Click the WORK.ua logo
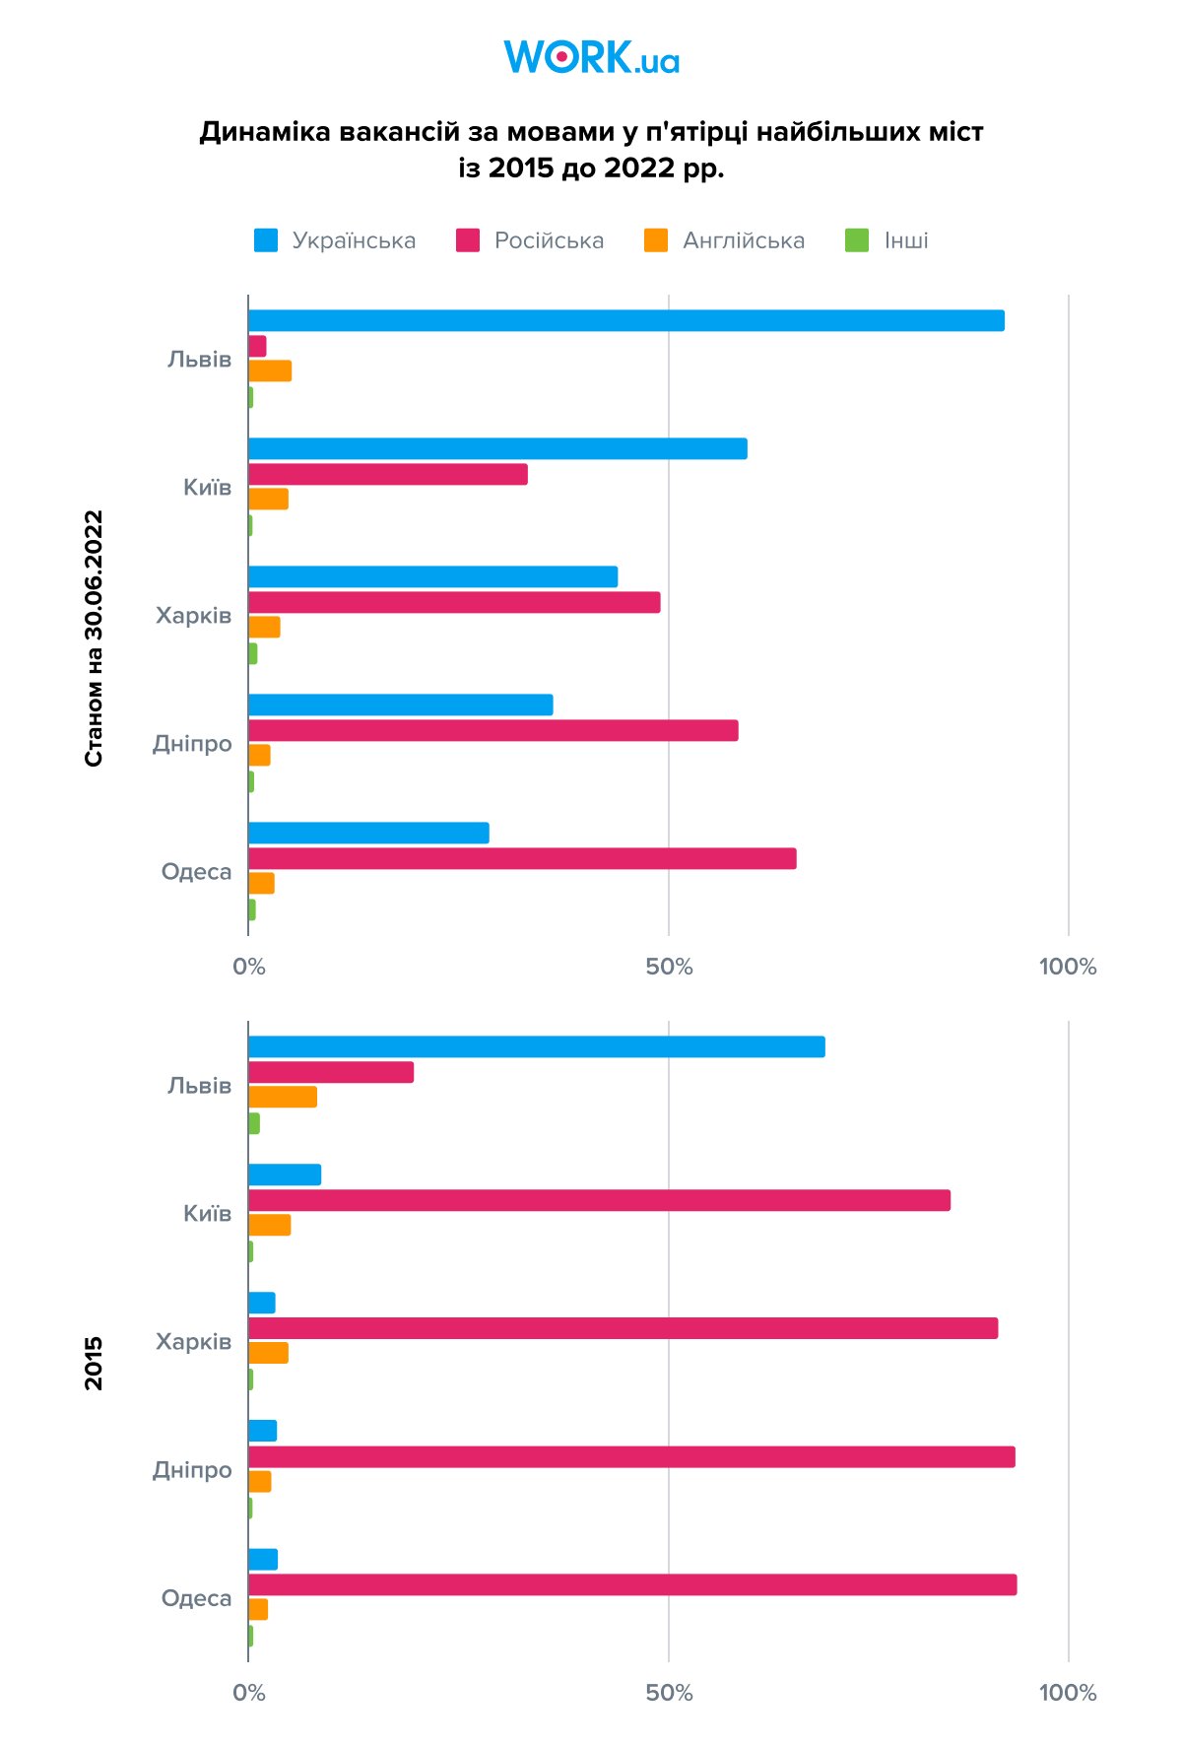coord(591,57)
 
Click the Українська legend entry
coord(335,240)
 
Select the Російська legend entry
coord(530,240)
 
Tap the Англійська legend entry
coord(724,240)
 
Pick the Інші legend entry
coord(886,240)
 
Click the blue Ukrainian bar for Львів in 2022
coord(625,321)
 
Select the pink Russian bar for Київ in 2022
coord(388,475)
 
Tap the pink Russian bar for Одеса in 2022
coord(522,859)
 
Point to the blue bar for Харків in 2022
coord(432,577)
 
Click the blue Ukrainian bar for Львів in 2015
coord(536,1047)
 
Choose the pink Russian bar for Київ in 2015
coord(599,1200)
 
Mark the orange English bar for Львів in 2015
coord(283,1097)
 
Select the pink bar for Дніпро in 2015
coord(631,1457)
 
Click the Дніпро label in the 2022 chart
coord(192,744)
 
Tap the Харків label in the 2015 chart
coord(193,1342)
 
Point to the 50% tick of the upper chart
coord(669,967)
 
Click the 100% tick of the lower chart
coord(1068,1693)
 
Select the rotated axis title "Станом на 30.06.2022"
coord(94,638)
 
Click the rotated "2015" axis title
coord(94,1364)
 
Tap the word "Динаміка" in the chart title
coord(265,132)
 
